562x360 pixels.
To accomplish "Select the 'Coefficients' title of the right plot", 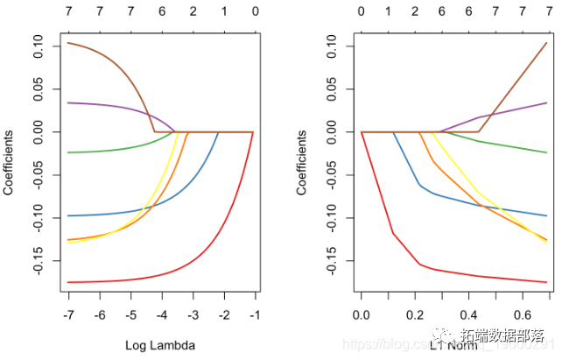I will point(301,162).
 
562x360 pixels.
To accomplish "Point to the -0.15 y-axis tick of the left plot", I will point(39,261).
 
